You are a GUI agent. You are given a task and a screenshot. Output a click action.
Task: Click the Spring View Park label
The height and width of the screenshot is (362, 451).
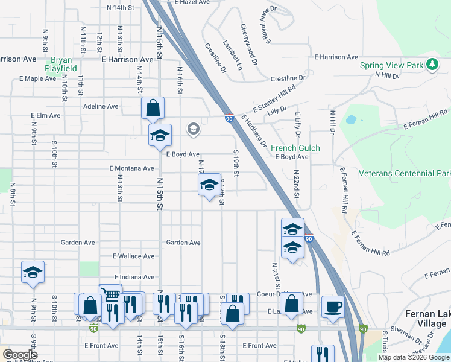coord(391,65)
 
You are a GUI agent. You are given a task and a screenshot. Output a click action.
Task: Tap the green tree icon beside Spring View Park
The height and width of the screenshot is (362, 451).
coord(432,64)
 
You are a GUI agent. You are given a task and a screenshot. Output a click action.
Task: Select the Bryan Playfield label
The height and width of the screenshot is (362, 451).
coord(63,64)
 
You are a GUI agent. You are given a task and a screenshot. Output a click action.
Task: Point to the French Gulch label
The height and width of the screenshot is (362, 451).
coord(295,148)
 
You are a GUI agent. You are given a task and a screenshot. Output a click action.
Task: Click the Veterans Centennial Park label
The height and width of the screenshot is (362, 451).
coord(404,173)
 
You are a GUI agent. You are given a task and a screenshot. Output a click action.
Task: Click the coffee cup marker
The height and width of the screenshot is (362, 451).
coord(333,306)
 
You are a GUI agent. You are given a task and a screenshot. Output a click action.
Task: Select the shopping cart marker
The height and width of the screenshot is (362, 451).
coord(110,294)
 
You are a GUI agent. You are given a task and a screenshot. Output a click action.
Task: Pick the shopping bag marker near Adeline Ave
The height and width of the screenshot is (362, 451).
coord(153,109)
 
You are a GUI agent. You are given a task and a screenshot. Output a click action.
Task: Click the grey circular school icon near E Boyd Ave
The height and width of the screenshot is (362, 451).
coord(193,128)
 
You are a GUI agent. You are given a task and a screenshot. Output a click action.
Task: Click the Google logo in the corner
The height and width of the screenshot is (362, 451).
coord(20,355)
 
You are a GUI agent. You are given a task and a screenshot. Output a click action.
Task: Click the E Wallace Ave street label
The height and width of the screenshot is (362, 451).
coord(133,256)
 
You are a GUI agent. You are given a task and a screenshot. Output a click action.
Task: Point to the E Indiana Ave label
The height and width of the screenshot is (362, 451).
coord(133,277)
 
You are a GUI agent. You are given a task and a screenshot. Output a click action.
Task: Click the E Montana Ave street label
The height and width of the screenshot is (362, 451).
coord(131,168)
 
